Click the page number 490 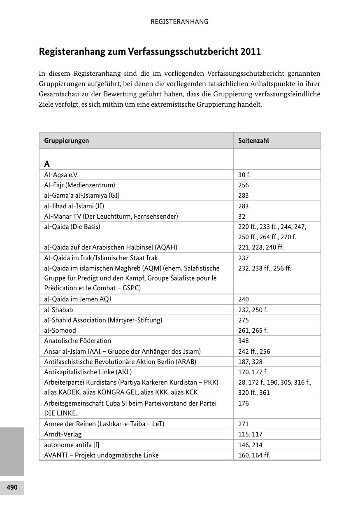pyautogui.click(x=12, y=488)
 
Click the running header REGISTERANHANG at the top pyautogui.click(x=179, y=22)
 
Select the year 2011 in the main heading pyautogui.click(x=251, y=52)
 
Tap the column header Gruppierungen pyautogui.click(x=67, y=140)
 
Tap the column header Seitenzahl pyautogui.click(x=253, y=140)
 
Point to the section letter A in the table pyautogui.click(x=47, y=164)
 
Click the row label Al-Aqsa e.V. pyautogui.click(x=61, y=175)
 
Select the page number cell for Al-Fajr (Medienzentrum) pyautogui.click(x=244, y=185)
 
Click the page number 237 pyautogui.click(x=244, y=258)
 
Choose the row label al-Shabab pyautogui.click(x=58, y=310)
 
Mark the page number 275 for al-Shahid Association pyautogui.click(x=244, y=320)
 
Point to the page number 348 pyautogui.click(x=244, y=341)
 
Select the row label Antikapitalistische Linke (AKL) pyautogui.click(x=88, y=372)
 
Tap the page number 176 pyautogui.click(x=244, y=403)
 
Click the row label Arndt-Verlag pyautogui.click(x=63, y=434)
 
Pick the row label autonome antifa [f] pyautogui.click(x=72, y=445)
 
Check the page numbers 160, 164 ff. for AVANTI pyautogui.click(x=254, y=455)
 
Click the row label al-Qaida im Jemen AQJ pyautogui.click(x=77, y=299)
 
